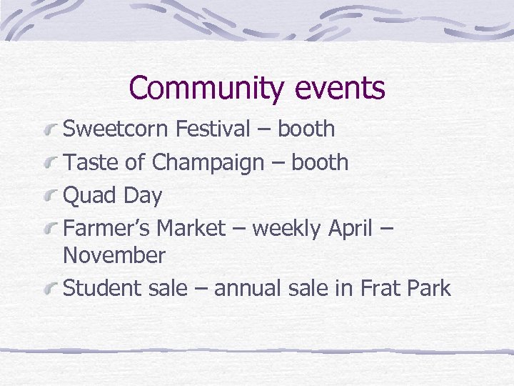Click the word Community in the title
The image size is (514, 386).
click(x=206, y=89)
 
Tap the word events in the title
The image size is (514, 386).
click(x=338, y=89)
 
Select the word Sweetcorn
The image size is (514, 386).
click(x=116, y=129)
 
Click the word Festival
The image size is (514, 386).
click(x=213, y=129)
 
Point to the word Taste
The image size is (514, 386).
click(x=91, y=163)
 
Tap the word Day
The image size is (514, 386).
click(x=143, y=195)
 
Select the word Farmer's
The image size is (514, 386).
click(x=107, y=228)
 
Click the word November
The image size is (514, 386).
click(x=114, y=255)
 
